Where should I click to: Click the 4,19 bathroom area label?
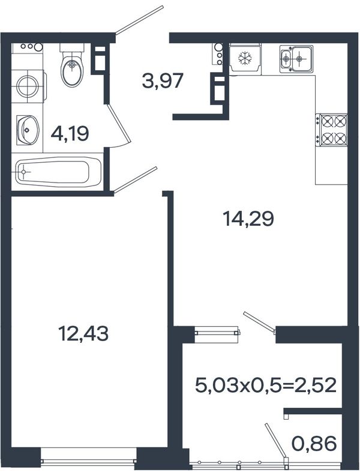pyautogui.click(x=70, y=134)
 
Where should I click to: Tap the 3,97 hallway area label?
pyautogui.click(x=163, y=81)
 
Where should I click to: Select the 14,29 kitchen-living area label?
pyautogui.click(x=248, y=219)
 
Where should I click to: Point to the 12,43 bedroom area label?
pyautogui.click(x=83, y=333)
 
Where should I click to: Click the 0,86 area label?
pyautogui.click(x=314, y=444)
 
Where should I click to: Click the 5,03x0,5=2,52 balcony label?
pyautogui.click(x=266, y=386)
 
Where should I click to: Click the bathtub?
pyautogui.click(x=58, y=172)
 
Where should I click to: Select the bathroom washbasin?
pyautogui.click(x=28, y=130)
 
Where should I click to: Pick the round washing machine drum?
pyautogui.click(x=28, y=85)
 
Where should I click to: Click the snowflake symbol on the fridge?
pyautogui.click(x=245, y=58)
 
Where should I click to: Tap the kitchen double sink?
pyautogui.click(x=296, y=59)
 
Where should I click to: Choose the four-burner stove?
pyautogui.click(x=333, y=130)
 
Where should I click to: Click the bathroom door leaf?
pyautogui.click(x=119, y=123)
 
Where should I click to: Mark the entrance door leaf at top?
pyautogui.click(x=139, y=20)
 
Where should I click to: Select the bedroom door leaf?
pyautogui.click(x=135, y=180)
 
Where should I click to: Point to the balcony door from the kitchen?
pyautogui.click(x=259, y=322)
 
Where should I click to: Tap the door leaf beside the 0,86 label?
pyautogui.click(x=276, y=441)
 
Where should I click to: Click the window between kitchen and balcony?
pyautogui.click(x=217, y=333)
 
